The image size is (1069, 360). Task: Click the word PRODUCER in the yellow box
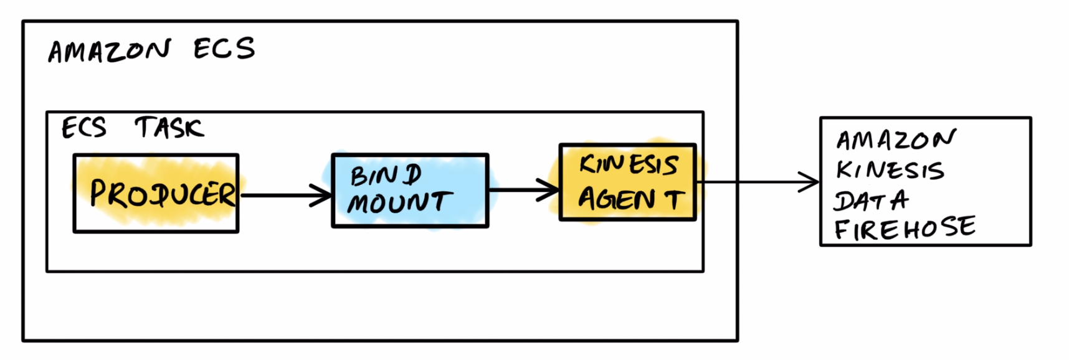[x=163, y=194]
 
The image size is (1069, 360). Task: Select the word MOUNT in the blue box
[x=399, y=202]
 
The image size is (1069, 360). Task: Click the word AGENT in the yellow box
[x=630, y=199]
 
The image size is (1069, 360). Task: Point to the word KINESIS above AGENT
[x=628, y=165]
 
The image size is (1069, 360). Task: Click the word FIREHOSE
[x=905, y=229]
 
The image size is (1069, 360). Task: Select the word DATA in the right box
[x=871, y=201]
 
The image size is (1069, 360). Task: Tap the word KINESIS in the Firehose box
[x=890, y=170]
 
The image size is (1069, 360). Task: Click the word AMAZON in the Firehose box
[x=895, y=140]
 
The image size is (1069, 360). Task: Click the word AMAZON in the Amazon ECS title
[x=109, y=51]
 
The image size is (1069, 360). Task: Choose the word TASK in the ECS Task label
[x=169, y=128]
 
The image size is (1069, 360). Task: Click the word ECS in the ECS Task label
[x=84, y=128]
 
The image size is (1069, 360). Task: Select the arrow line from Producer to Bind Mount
[x=280, y=196]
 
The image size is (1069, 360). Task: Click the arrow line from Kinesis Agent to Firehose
[x=748, y=182]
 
